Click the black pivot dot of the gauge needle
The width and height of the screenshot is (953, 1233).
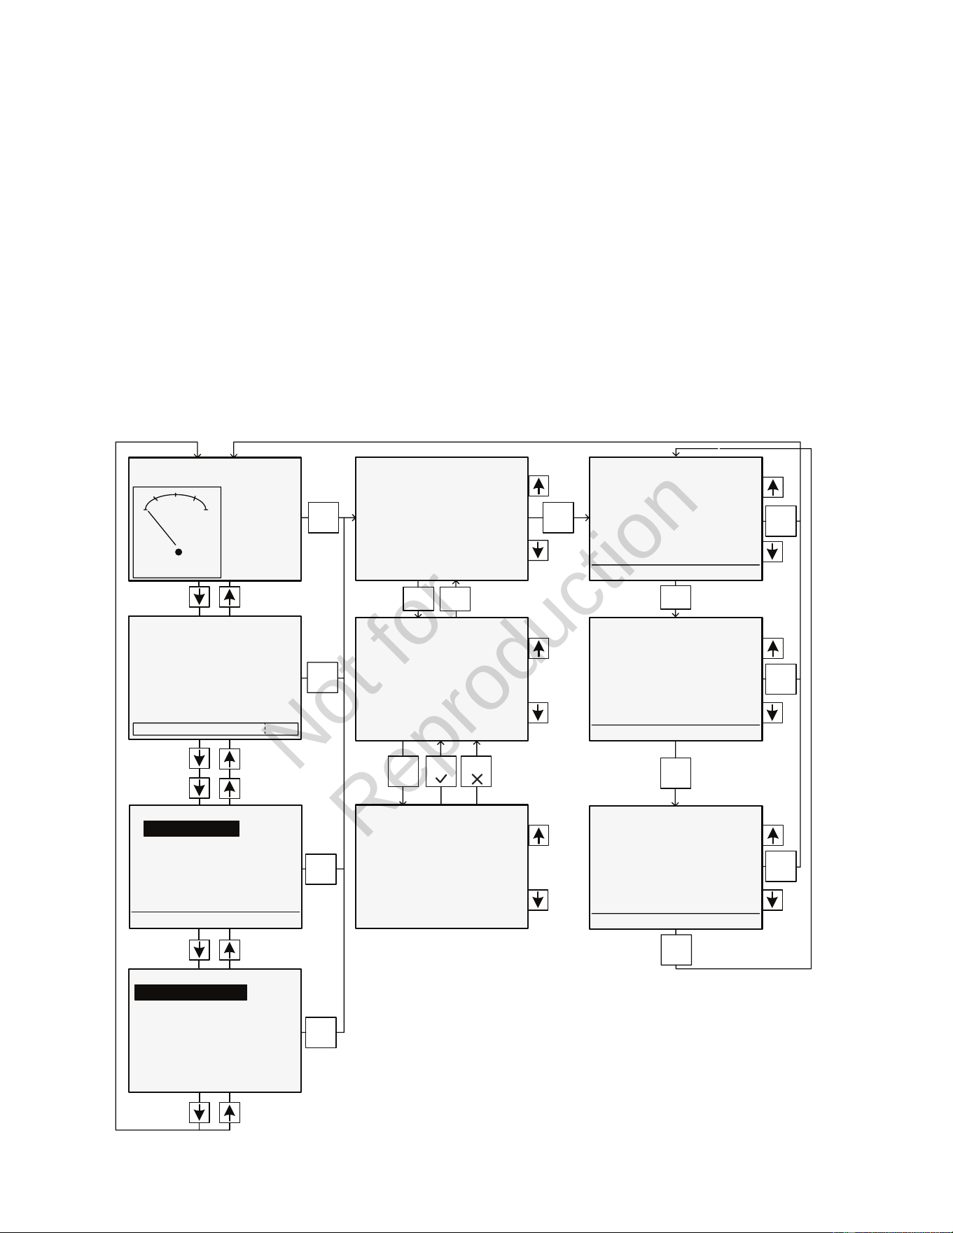pyautogui.click(x=179, y=552)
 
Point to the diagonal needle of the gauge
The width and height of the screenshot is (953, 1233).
pyautogui.click(x=162, y=528)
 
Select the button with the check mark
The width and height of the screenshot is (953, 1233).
pyautogui.click(x=441, y=771)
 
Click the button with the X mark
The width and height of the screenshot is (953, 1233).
pyautogui.click(x=476, y=771)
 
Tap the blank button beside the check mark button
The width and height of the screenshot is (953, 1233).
pyautogui.click(x=403, y=771)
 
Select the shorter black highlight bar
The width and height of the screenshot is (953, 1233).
pyautogui.click(x=191, y=829)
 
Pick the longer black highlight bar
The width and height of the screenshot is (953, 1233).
pyautogui.click(x=190, y=992)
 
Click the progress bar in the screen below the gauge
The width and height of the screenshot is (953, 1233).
pyautogui.click(x=216, y=729)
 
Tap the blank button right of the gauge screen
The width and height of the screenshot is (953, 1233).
pyautogui.click(x=324, y=517)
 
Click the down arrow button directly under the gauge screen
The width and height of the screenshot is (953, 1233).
pyautogui.click(x=200, y=597)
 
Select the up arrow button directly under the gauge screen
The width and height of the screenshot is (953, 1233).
pyautogui.click(x=230, y=597)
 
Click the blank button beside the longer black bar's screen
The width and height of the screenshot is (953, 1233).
pyautogui.click(x=321, y=1032)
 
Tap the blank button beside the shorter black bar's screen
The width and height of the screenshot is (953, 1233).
pyautogui.click(x=321, y=869)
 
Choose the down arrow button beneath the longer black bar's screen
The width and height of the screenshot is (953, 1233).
pyautogui.click(x=200, y=1113)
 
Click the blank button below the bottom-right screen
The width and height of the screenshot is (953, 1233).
pyautogui.click(x=676, y=949)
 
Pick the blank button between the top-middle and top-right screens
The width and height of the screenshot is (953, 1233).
pyautogui.click(x=558, y=517)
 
